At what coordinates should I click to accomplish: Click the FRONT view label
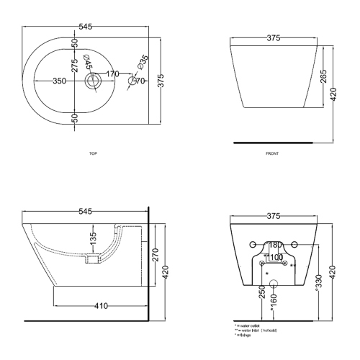[272, 153]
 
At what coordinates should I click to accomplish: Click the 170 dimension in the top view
[113, 73]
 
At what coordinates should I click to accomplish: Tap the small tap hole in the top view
[132, 81]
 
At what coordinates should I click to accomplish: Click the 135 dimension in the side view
[92, 238]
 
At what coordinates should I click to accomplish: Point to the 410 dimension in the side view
[101, 306]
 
